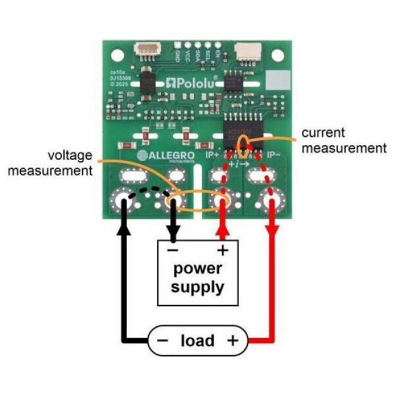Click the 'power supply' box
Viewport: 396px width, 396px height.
click(x=198, y=273)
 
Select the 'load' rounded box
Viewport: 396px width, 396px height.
click(x=198, y=341)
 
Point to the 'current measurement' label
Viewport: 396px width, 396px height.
click(x=343, y=141)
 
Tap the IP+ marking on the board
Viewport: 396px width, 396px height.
click(x=214, y=156)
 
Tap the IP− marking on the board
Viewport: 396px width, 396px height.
click(x=276, y=156)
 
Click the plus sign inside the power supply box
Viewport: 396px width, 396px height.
click(x=222, y=251)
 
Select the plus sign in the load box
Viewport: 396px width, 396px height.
click(x=232, y=341)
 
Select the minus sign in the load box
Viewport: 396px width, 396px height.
click(x=162, y=341)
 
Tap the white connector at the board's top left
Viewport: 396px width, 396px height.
click(x=146, y=50)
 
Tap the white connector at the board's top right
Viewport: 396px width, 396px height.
click(x=249, y=50)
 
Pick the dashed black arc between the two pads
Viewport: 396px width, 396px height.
click(x=148, y=190)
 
